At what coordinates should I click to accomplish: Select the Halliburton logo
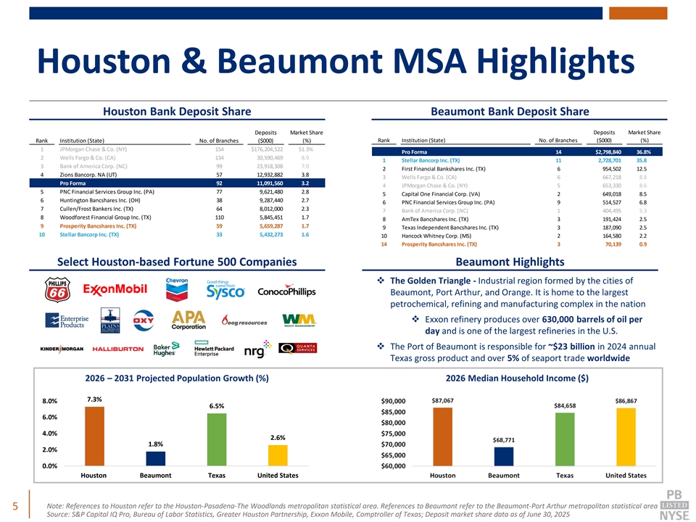click(x=118, y=349)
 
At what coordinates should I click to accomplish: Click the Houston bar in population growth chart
click(x=94, y=436)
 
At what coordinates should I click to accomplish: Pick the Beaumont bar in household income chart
click(x=504, y=456)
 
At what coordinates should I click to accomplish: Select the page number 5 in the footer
click(x=14, y=505)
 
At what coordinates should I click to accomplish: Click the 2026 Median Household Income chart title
click(x=517, y=378)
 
